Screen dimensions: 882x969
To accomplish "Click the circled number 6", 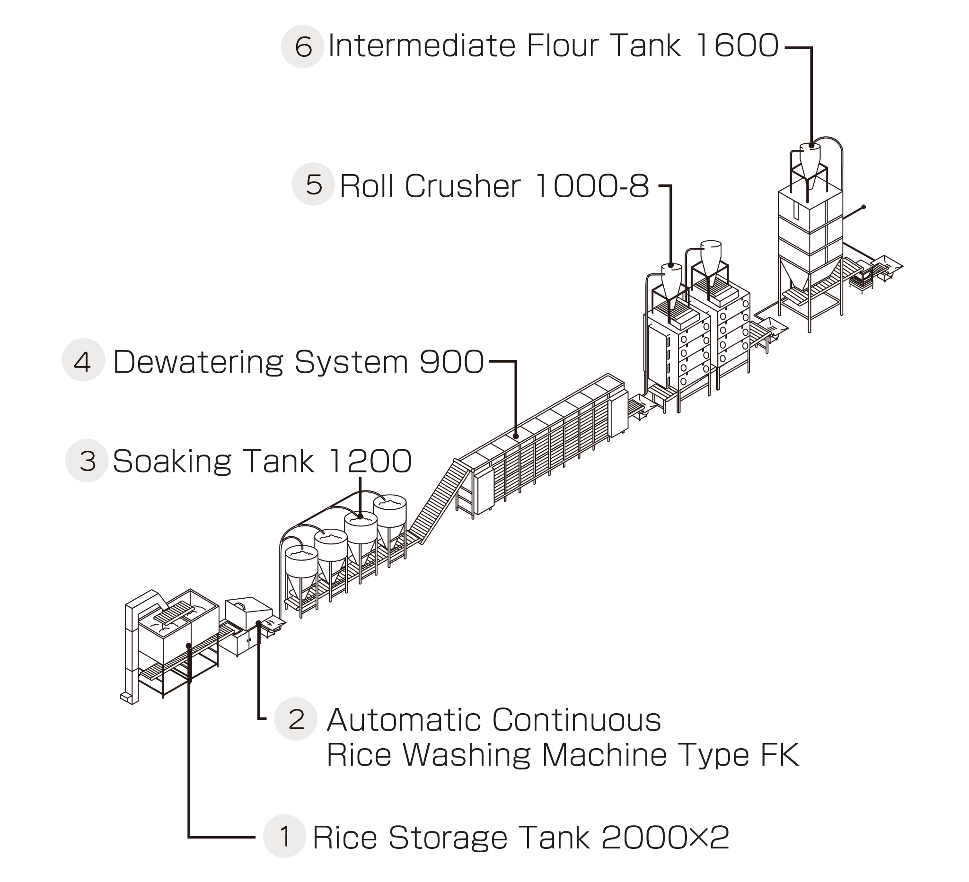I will [303, 47].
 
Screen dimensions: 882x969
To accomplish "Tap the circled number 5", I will [313, 184].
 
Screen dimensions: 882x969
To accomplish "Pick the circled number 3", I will [87, 461].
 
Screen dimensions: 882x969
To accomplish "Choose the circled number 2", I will [296, 719].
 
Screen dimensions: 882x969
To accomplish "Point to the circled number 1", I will [284, 836].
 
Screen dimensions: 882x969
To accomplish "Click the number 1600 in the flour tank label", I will [736, 46].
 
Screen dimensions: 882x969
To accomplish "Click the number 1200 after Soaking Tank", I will [370, 462].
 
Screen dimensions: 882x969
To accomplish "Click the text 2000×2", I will [665, 838].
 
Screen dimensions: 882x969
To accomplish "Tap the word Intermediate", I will [423, 46].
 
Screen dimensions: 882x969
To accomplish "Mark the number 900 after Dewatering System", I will [452, 362].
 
